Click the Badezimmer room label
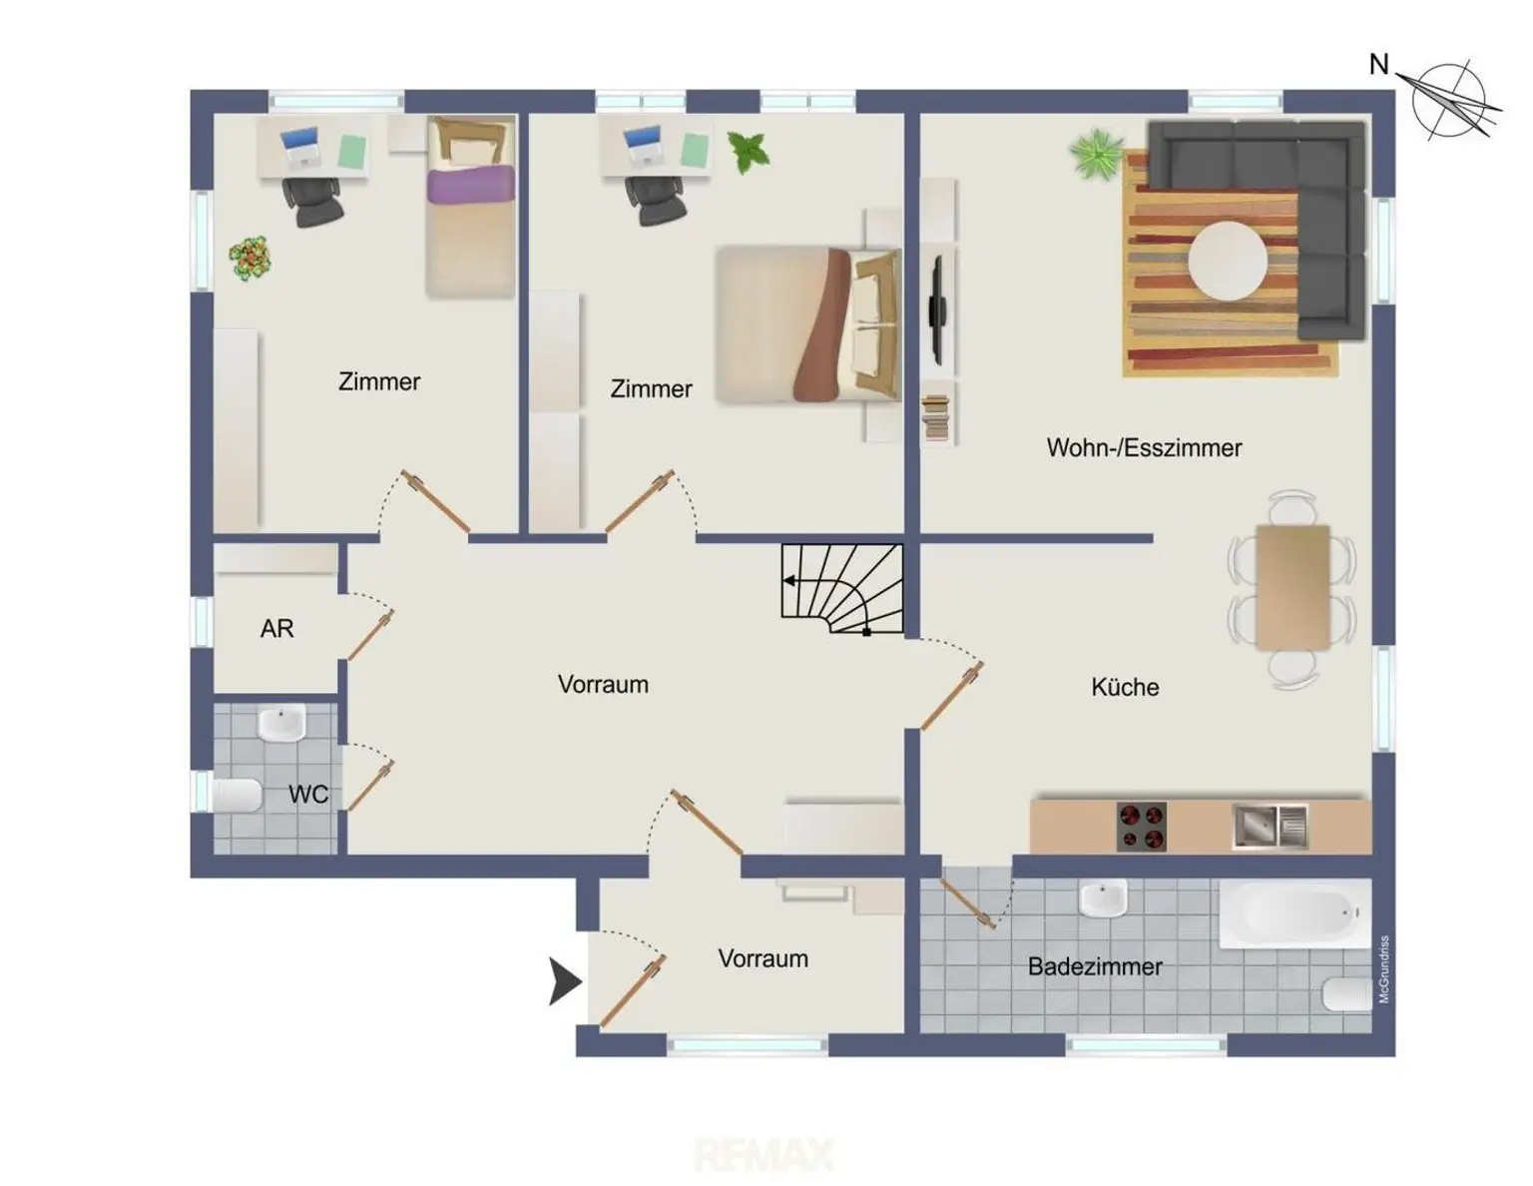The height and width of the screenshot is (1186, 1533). pos(1094,966)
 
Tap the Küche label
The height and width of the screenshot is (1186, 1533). pos(1125,687)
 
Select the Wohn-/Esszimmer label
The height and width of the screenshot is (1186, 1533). pos(1144,447)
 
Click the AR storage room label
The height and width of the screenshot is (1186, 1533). pos(276,628)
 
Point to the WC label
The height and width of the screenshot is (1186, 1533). pos(308,795)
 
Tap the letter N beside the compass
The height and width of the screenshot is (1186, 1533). pos(1378,65)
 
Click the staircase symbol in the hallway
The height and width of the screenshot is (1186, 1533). pos(842,588)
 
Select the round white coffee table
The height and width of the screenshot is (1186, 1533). pos(1227,260)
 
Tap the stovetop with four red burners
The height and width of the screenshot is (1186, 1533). pos(1142,827)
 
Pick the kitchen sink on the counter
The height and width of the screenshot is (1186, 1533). pos(1270,827)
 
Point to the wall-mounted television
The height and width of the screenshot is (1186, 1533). pos(937,310)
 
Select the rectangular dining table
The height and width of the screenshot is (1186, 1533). pos(1292,586)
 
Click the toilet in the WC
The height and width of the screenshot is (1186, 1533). pos(237,796)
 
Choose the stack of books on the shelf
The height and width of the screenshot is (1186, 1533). pos(936,420)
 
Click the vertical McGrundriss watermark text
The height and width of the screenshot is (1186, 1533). pos(1383,969)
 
